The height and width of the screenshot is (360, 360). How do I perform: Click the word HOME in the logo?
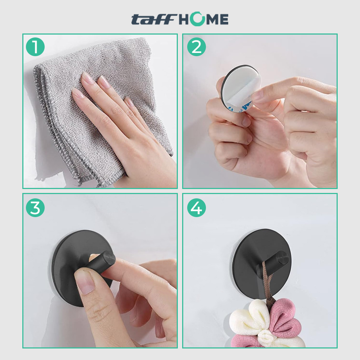pyautogui.click(x=203, y=19)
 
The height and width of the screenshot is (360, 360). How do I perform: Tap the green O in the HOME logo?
pyautogui.click(x=197, y=19)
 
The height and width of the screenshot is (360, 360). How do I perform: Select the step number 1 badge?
pyautogui.click(x=35, y=47)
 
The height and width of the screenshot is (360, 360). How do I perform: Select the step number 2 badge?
pyautogui.click(x=196, y=47)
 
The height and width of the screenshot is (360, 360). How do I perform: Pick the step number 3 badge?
pyautogui.click(x=35, y=208)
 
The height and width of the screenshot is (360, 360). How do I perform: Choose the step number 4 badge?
pyautogui.click(x=196, y=208)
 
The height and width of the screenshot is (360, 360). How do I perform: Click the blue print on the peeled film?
pyautogui.click(x=245, y=106)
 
